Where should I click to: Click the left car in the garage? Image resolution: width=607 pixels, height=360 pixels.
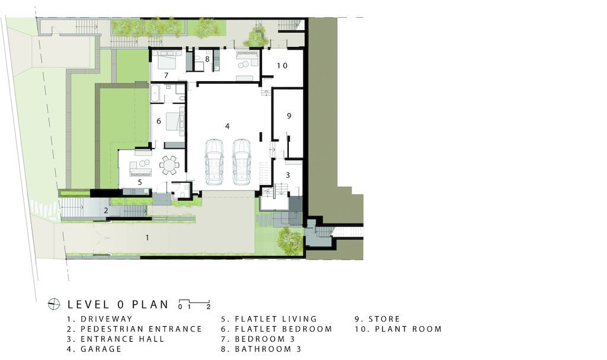[x=213, y=161]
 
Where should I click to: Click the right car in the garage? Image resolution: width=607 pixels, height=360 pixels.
[x=241, y=161]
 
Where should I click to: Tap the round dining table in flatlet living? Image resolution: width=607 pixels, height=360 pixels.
[x=170, y=165]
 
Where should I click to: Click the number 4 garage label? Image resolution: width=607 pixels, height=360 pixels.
[x=227, y=126]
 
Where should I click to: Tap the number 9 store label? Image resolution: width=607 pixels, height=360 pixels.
[x=289, y=116]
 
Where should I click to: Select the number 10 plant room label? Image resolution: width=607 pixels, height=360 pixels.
[x=282, y=65]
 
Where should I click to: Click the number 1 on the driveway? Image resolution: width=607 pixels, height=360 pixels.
[x=147, y=237]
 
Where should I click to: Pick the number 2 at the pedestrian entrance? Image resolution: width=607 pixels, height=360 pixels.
[x=106, y=211]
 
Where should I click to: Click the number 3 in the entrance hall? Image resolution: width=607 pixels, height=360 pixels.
[x=287, y=175]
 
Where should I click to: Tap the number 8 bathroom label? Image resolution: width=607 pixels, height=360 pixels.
[x=207, y=59]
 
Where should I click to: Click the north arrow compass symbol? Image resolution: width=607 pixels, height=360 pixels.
[x=54, y=304]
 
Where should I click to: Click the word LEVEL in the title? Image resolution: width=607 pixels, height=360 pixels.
[x=90, y=305]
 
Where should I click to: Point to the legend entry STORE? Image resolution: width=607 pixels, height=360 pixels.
[x=384, y=319]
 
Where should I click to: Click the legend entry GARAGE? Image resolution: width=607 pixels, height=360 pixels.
[x=101, y=349]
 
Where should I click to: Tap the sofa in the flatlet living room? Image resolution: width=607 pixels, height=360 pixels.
[x=139, y=169]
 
